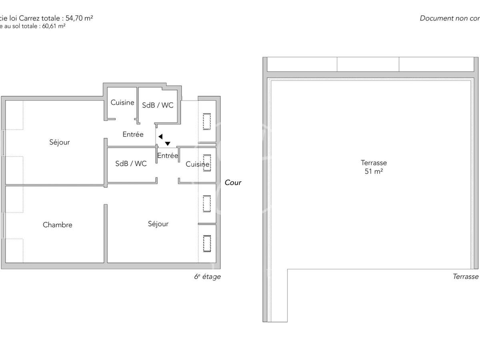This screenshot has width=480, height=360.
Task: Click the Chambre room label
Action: point(58,225)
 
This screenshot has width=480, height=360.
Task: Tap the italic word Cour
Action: point(233,182)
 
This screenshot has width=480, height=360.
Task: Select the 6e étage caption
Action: point(207,276)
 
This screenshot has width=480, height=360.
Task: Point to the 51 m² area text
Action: point(374,171)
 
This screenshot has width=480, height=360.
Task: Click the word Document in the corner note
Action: point(436,18)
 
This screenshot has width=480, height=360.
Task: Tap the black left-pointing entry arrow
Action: point(160,136)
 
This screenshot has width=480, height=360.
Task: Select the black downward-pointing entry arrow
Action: point(168,143)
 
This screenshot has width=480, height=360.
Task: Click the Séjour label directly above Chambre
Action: point(60,142)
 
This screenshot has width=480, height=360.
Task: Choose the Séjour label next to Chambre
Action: point(158,224)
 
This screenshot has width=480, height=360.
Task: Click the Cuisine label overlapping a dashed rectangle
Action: point(197,164)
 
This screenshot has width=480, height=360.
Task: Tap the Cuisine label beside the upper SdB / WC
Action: point(122,102)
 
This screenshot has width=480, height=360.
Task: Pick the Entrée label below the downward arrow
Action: point(168,156)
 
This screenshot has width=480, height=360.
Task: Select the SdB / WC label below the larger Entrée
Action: point(131,164)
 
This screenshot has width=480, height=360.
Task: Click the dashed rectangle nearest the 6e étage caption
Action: point(207,244)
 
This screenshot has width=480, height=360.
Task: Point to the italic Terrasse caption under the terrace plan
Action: point(466,276)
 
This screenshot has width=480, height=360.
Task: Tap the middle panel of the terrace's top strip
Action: point(368,64)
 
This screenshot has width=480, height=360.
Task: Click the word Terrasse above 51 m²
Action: point(374,163)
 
